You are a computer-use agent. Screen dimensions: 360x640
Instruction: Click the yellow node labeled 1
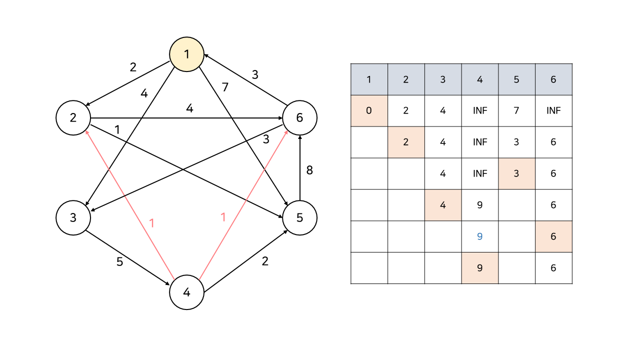pos(186,54)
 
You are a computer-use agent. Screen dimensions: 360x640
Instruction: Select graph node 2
pos(73,118)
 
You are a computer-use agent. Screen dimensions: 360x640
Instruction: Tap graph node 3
pos(73,218)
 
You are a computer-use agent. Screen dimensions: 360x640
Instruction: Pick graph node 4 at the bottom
pos(186,292)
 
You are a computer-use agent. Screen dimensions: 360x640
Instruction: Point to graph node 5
pos(299,218)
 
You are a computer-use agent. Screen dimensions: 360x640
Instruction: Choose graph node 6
pos(299,118)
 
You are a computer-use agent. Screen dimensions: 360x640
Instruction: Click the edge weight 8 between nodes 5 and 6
pos(309,170)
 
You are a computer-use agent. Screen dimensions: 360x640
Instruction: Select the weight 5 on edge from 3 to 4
pos(119,261)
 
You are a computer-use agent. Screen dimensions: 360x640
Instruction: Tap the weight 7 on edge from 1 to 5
pos(225,87)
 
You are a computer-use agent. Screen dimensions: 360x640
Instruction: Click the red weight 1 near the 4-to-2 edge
pos(152,223)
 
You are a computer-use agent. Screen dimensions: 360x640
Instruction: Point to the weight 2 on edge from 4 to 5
pos(265,261)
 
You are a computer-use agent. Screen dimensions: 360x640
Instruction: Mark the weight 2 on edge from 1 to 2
pos(133,67)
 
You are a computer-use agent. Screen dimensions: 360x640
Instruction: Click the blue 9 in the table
pos(479,236)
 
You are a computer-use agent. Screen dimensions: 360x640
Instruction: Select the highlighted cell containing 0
pos(369,110)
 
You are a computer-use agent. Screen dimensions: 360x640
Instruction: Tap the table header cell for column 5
pos(516,79)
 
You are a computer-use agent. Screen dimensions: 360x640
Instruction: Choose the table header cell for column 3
pos(442,79)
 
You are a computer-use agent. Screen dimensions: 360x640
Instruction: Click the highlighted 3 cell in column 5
pos(516,173)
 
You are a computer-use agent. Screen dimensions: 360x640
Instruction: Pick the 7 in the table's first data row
pos(516,110)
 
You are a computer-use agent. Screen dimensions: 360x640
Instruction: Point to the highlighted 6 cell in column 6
pos(553,236)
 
